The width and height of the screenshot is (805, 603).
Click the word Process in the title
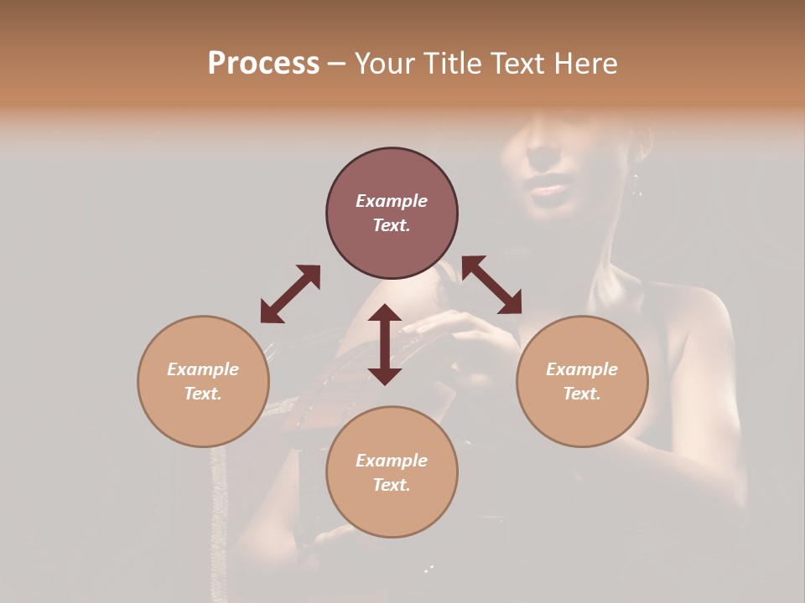(x=263, y=64)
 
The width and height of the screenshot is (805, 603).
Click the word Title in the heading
(x=454, y=64)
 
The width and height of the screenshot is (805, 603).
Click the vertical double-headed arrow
(x=385, y=344)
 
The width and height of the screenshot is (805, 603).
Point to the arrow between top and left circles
(x=290, y=294)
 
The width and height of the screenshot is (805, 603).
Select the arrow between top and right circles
(x=491, y=285)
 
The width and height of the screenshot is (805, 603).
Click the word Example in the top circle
(x=392, y=201)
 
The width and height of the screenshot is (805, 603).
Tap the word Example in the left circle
(x=203, y=369)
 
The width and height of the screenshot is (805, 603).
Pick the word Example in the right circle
(x=582, y=369)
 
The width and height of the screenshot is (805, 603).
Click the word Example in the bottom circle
(x=392, y=461)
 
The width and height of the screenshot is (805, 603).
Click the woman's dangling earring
(x=636, y=184)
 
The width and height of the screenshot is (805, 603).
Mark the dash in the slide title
(x=337, y=64)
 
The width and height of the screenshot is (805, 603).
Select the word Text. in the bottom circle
(x=392, y=485)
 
